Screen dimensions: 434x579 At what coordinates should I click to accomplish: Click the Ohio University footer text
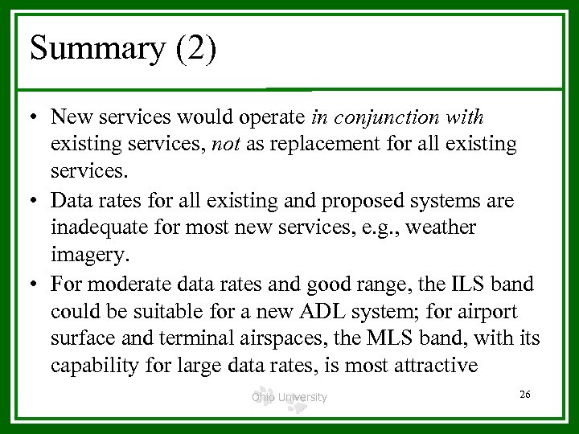pyautogui.click(x=289, y=396)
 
